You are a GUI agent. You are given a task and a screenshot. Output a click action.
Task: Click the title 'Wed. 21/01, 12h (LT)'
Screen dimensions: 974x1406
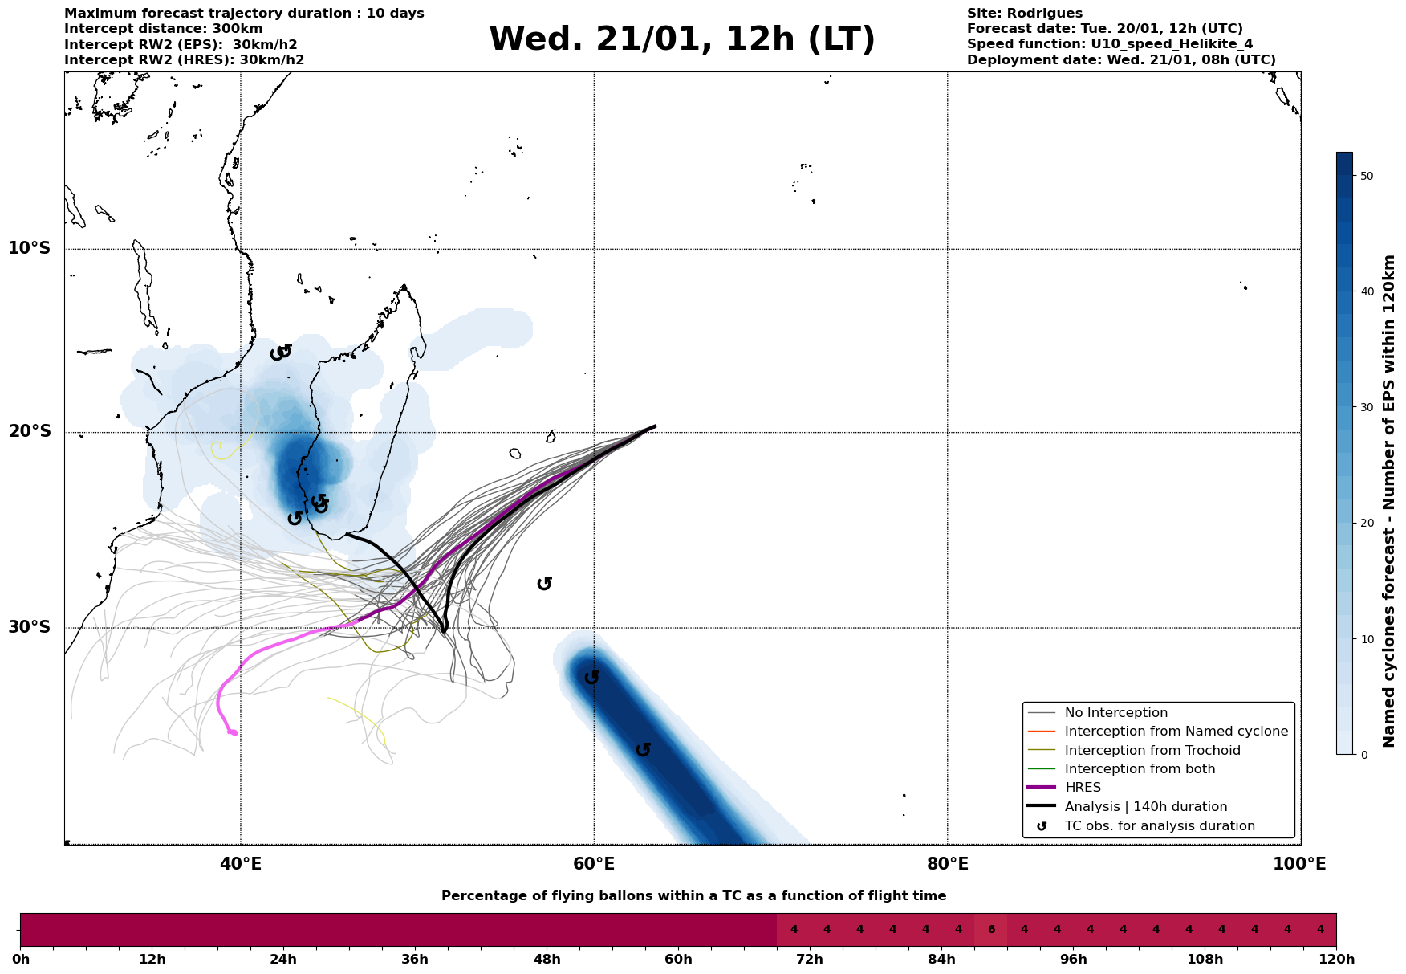[681, 39]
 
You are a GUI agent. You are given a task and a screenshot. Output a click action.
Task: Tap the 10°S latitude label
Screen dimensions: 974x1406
[30, 248]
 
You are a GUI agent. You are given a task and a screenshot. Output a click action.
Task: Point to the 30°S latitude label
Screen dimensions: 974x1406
[30, 627]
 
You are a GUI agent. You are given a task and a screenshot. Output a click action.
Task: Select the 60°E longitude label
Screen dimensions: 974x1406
[594, 864]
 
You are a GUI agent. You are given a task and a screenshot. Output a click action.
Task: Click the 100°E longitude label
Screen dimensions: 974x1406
[1299, 864]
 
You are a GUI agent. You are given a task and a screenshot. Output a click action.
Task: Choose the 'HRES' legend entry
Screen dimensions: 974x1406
[1083, 788]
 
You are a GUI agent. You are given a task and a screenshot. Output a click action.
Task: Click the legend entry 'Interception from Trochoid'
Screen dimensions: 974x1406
[1152, 751]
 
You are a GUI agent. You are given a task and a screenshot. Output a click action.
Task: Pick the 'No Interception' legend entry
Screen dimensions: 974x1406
[1115, 713]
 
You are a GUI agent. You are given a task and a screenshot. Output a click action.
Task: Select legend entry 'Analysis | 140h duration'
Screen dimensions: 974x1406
[1145, 807]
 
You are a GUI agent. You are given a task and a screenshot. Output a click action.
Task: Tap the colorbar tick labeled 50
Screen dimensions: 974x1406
[1367, 176]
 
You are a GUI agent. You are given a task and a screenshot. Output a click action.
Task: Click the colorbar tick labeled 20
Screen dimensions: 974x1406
[1367, 524]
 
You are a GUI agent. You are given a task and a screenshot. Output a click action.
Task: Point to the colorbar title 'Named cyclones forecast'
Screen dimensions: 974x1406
[1390, 501]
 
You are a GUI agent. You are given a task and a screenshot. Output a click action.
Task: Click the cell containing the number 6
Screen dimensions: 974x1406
[991, 930]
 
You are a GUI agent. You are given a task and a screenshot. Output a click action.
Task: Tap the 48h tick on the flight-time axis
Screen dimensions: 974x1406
[547, 960]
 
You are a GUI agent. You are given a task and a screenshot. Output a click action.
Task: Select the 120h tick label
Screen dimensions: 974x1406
[1336, 960]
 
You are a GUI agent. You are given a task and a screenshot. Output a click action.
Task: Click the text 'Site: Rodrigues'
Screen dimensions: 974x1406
[1024, 14]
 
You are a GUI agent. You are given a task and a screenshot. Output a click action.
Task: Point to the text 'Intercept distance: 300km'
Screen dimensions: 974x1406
[163, 29]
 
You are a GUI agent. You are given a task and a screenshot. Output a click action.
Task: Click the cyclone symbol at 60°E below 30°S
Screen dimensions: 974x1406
[592, 678]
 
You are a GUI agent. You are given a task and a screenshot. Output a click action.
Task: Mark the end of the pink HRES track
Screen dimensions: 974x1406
[234, 733]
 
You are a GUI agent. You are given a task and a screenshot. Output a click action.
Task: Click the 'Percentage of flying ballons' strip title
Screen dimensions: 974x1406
[693, 896]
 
